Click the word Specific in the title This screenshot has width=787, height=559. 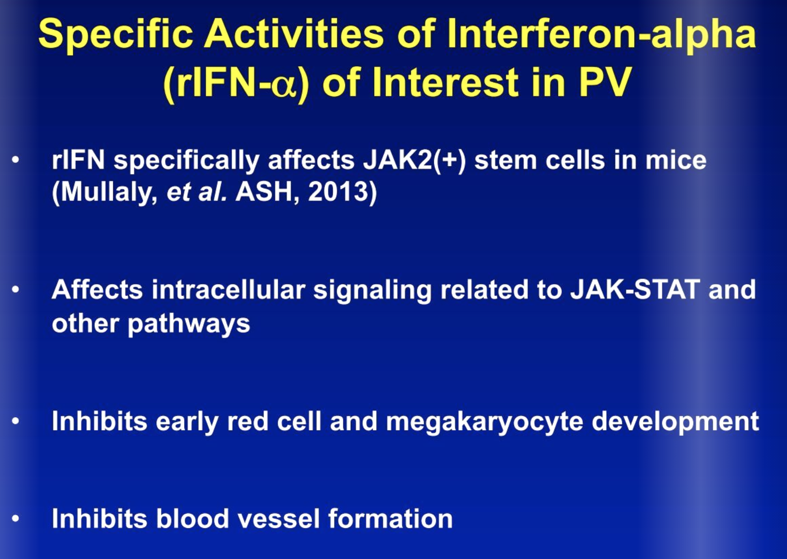(x=116, y=35)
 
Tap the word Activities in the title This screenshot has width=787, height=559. (x=294, y=34)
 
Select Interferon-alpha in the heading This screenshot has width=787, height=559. (x=601, y=35)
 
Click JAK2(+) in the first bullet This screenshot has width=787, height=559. (x=414, y=161)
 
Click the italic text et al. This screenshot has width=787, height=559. (x=196, y=192)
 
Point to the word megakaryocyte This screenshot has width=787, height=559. (x=485, y=423)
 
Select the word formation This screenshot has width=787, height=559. (x=390, y=519)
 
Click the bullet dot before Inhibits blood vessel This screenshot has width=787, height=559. (x=15, y=519)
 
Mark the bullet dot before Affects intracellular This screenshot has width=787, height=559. (x=15, y=290)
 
